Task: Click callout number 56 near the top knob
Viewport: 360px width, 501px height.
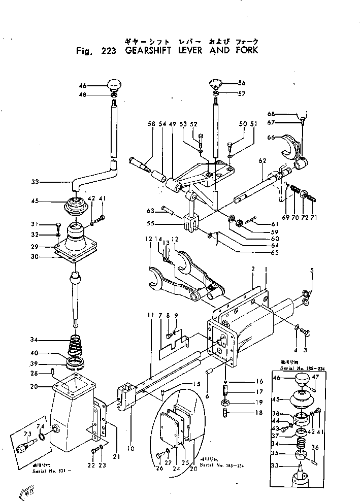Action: [x=242, y=83]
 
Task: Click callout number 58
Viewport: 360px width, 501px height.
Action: [x=151, y=123]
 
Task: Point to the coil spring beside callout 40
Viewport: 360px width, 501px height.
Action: [x=75, y=346]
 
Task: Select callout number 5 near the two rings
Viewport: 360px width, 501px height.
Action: [x=312, y=270]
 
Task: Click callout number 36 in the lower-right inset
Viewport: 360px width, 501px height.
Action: [x=315, y=447]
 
